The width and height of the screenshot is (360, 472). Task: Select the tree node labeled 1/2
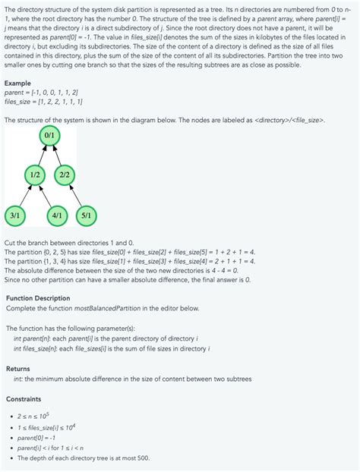35,175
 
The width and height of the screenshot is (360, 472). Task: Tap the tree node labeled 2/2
65,175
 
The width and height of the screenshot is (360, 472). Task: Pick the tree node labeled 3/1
15,216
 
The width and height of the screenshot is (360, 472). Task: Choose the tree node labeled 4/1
55,216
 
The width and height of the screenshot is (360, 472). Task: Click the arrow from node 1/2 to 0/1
42,155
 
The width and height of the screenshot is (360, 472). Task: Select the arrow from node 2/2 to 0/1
58,155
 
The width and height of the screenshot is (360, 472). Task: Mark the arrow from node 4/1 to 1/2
46,195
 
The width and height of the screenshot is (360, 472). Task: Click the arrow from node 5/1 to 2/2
75,195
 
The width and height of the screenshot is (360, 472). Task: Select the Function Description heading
38,298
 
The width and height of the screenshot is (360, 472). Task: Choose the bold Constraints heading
24,398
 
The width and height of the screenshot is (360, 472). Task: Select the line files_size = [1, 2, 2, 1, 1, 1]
43,101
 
